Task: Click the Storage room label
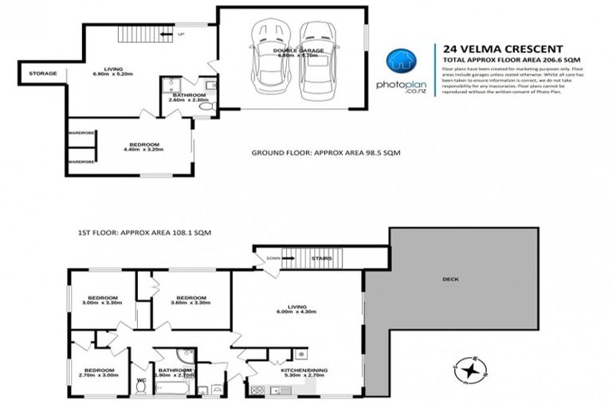pos(43,74)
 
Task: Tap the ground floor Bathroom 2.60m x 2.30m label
pos(188,100)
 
